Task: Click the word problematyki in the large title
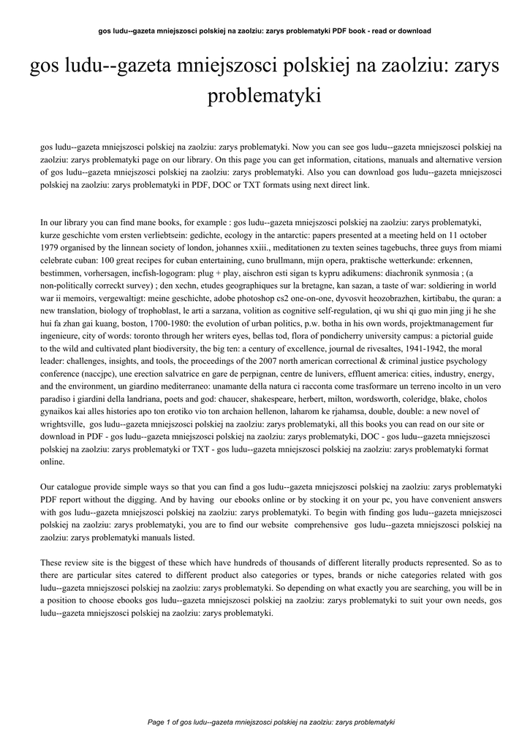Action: pos(265,96)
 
